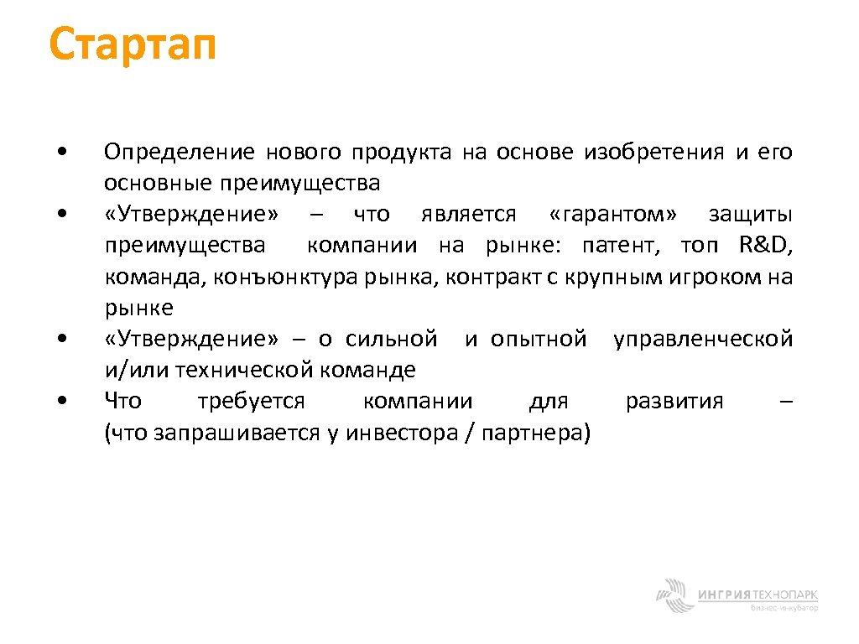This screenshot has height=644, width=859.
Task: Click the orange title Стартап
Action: point(133,45)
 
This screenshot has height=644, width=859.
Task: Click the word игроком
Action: point(715,277)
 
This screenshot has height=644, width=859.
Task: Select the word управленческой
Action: point(703,339)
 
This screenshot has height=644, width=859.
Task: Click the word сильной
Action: point(391,339)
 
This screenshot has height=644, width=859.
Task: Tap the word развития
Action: point(674,401)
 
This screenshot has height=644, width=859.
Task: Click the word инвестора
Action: point(401,433)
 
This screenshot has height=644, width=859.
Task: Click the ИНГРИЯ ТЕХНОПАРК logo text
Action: point(757,595)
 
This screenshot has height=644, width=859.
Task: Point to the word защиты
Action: point(751,215)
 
